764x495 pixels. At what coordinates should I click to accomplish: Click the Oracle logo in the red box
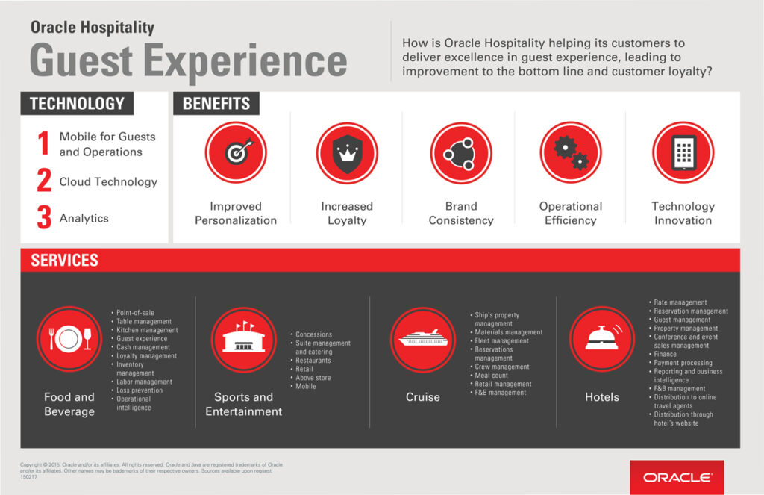(x=677, y=477)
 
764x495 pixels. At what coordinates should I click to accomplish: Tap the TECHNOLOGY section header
(x=77, y=104)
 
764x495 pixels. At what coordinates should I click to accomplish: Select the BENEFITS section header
(x=216, y=104)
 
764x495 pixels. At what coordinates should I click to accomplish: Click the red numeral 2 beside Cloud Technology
(x=45, y=181)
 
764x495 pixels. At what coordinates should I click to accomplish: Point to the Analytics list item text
(x=84, y=218)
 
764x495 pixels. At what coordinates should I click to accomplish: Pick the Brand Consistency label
(x=461, y=214)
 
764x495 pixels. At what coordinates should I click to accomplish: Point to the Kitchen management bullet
(x=147, y=330)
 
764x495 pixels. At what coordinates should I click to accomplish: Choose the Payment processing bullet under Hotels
(x=683, y=363)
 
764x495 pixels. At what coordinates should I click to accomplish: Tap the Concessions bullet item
(x=313, y=334)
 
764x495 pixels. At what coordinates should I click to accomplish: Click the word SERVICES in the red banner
(x=64, y=261)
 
